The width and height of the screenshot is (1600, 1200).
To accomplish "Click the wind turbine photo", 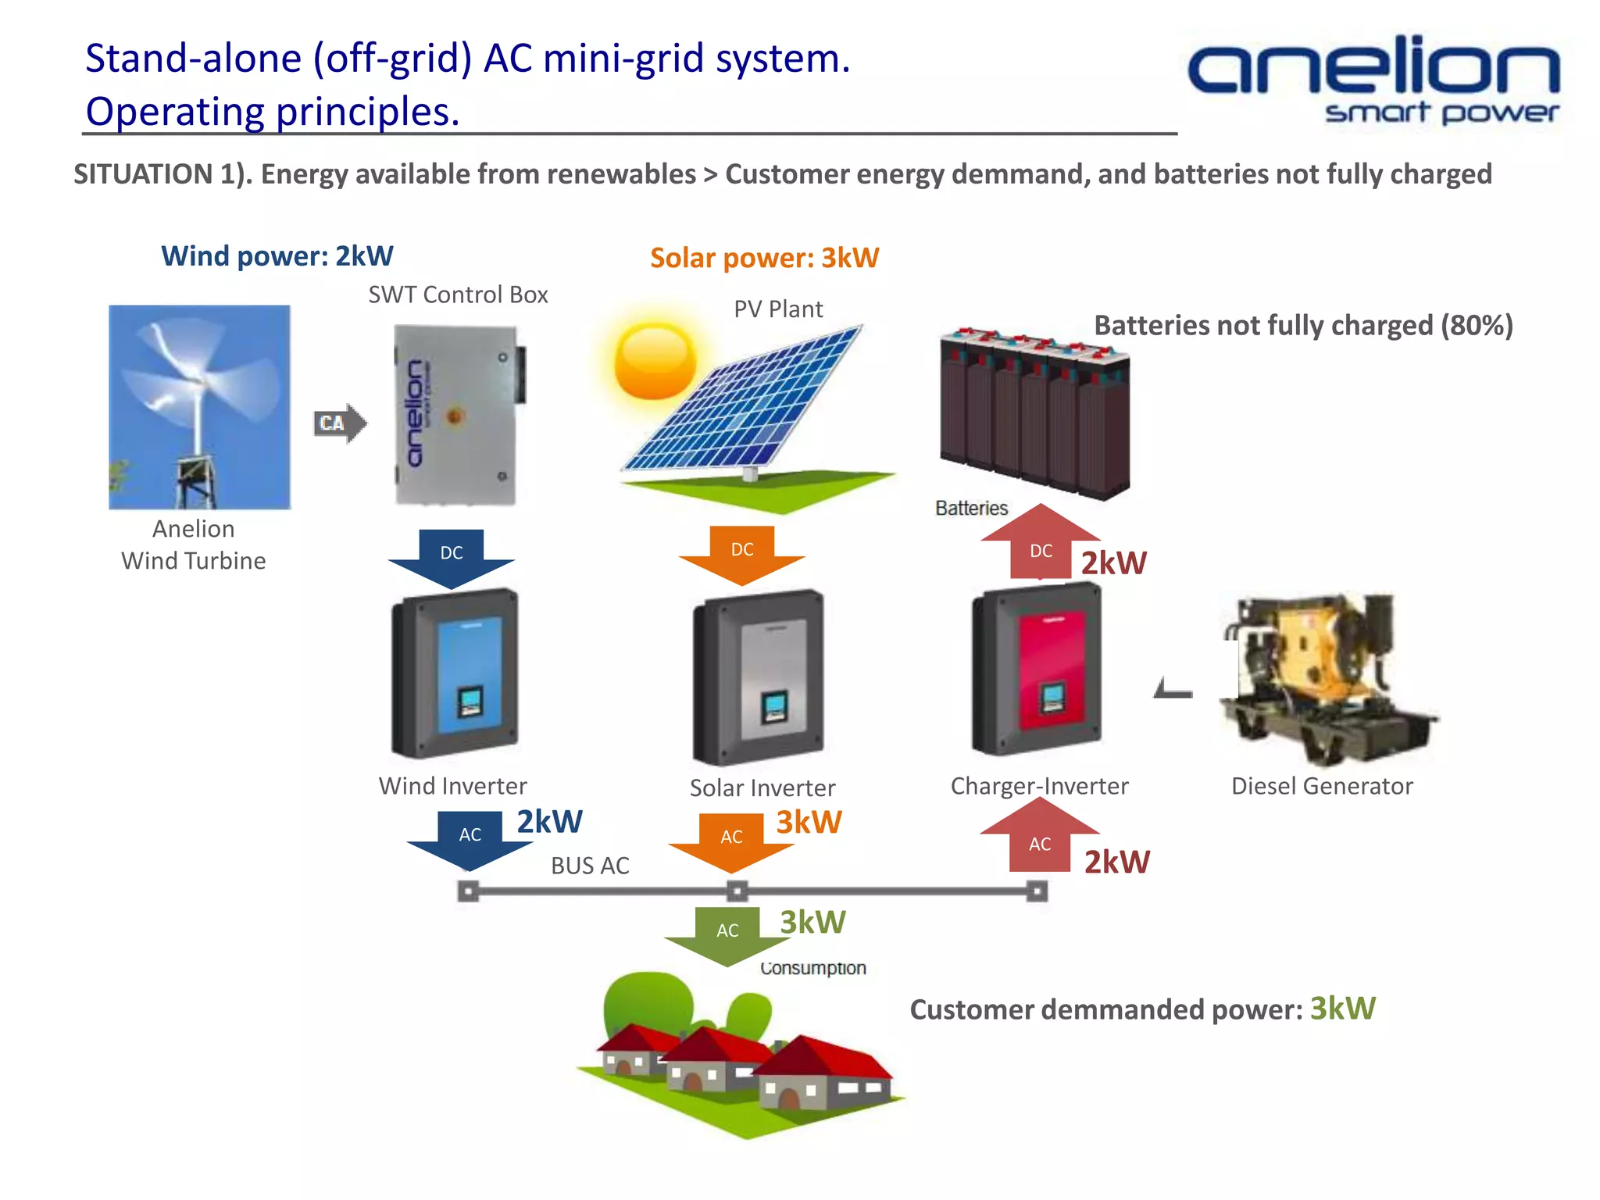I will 199,406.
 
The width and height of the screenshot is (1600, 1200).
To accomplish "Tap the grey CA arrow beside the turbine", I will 339,423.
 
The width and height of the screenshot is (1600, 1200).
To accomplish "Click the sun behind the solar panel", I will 654,362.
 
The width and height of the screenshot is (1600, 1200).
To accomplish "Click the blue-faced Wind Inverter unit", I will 455,673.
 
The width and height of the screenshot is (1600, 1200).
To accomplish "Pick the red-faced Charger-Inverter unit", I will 1037,670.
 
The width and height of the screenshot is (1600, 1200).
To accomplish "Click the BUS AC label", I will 590,866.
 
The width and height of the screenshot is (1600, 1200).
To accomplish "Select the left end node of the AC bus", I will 468,891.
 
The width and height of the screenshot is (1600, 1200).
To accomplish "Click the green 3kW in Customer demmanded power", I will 1342,1009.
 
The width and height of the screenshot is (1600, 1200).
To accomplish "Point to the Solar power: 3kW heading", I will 764,258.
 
